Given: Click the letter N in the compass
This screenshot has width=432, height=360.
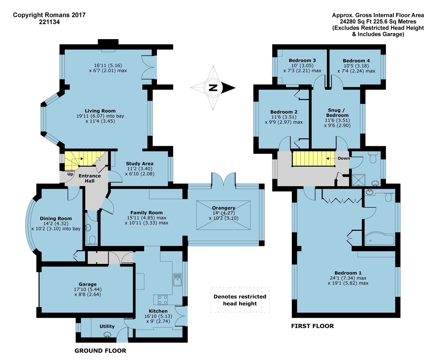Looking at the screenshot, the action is tap(213, 88).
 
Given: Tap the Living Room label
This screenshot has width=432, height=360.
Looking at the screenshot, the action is tap(100, 111).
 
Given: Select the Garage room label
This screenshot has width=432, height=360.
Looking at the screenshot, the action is tap(88, 284).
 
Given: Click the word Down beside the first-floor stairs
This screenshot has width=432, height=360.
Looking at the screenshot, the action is tap(344, 158).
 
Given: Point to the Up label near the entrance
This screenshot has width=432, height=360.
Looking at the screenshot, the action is tap(70, 174).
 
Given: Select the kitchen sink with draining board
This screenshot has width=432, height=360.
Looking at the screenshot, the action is tap(177, 279).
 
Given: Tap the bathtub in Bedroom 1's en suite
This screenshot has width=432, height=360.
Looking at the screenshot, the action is tap(380, 239).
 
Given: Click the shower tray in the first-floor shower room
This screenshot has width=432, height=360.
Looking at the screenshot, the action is tap(359, 180).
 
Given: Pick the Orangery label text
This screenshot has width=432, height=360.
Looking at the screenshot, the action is tap(224, 208).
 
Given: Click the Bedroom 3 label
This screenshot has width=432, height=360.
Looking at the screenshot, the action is tap(302, 60).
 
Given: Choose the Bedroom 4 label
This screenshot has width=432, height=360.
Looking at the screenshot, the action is tap(356, 61).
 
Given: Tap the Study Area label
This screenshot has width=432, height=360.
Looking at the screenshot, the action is tap(140, 163).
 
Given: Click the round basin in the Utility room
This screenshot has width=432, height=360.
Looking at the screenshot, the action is tap(107, 334).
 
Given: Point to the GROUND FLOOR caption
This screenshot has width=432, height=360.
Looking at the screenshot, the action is tap(100, 351).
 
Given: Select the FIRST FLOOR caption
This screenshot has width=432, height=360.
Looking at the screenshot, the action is tap(312, 326).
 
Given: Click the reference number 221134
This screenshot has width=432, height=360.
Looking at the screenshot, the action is tap(49, 22).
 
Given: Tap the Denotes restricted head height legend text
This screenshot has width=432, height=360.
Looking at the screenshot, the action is tap(240, 300).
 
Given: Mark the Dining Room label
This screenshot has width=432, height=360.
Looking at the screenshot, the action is tap(56, 219).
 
